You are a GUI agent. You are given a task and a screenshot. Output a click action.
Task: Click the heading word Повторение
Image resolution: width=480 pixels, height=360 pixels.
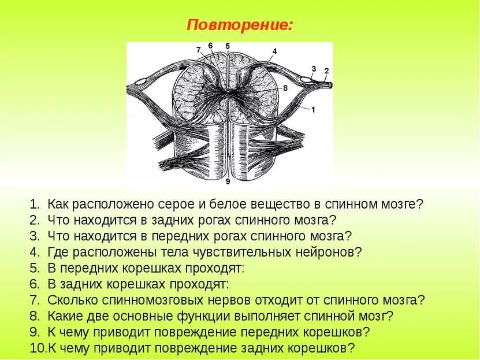[x=239, y=25]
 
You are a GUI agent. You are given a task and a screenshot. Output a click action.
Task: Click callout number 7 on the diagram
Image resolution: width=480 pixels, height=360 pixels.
[x=198, y=50]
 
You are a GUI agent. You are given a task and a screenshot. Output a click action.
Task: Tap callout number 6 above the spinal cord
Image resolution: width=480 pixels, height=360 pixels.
[x=210, y=46]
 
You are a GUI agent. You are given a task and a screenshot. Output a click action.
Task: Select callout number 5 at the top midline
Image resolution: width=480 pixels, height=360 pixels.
[x=228, y=46]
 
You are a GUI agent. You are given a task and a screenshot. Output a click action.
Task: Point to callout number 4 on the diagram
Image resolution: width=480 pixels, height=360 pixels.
[x=274, y=51]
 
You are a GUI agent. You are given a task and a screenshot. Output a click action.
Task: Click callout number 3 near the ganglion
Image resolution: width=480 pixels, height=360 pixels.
[x=314, y=69]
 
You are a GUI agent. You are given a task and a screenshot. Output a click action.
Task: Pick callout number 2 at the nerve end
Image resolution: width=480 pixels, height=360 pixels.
[x=326, y=71]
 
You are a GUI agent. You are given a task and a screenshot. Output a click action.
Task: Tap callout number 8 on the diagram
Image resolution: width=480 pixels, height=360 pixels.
[x=285, y=88]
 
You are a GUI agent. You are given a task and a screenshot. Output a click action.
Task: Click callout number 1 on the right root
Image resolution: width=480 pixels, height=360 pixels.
[x=313, y=109]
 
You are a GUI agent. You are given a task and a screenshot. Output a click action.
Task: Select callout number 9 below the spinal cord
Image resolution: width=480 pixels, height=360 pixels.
[x=228, y=181]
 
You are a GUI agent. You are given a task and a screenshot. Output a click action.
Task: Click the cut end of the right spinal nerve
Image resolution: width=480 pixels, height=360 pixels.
[x=330, y=84]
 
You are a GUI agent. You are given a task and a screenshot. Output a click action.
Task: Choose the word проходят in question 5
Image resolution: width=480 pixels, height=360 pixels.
[x=218, y=268]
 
